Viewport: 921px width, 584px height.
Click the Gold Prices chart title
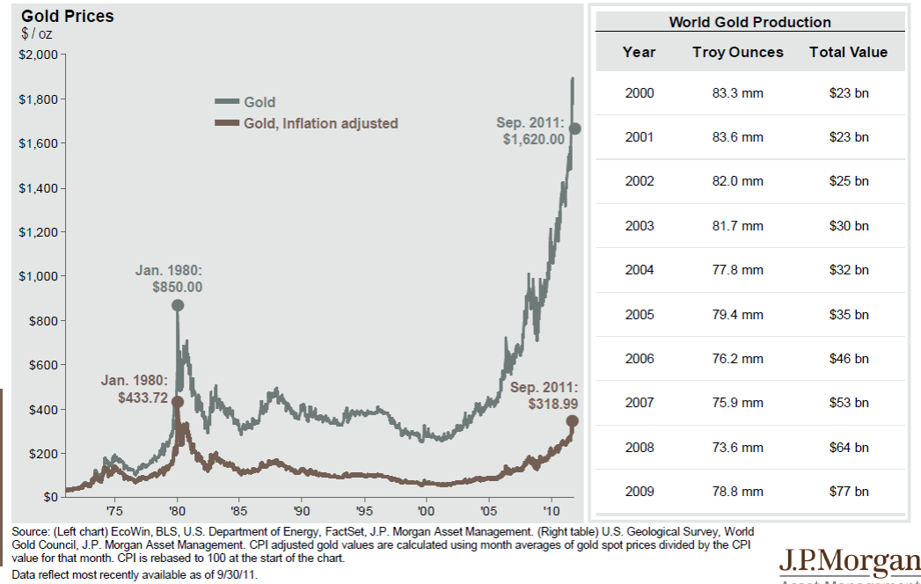[x=68, y=17]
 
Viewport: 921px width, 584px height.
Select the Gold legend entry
[x=259, y=102]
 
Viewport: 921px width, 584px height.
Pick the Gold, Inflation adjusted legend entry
[x=321, y=124]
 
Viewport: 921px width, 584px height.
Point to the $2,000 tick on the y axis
[x=36, y=55]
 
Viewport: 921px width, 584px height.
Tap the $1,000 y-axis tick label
[x=36, y=276]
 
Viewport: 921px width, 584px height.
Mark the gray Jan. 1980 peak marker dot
[x=178, y=305]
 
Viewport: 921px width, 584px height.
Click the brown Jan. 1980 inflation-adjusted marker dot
[x=177, y=401]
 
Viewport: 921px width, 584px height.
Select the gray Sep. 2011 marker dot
[x=575, y=128]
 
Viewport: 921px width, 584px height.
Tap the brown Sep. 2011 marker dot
[x=573, y=421]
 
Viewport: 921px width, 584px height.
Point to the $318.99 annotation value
[x=552, y=405]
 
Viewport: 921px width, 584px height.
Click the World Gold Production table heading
[x=749, y=23]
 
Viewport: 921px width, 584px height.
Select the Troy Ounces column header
[x=737, y=52]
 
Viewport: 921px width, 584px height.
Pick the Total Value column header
[x=848, y=52]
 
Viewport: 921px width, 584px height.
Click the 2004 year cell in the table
[x=640, y=270]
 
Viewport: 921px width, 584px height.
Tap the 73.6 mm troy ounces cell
[x=737, y=448]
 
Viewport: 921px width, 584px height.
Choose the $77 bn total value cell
[x=848, y=492]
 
